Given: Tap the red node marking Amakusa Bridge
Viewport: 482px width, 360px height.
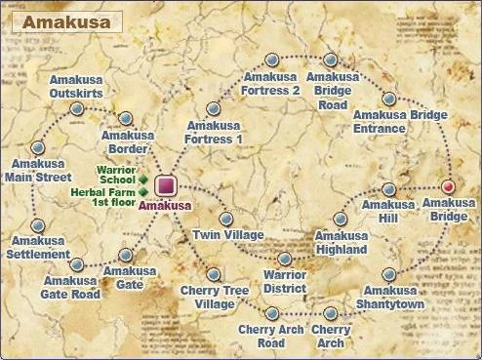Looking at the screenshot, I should [x=449, y=185].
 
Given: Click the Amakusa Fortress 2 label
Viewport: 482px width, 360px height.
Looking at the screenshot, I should [x=271, y=84].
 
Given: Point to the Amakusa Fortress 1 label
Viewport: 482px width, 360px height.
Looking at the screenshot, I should [x=214, y=133].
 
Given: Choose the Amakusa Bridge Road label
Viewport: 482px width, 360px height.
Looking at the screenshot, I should [x=333, y=91].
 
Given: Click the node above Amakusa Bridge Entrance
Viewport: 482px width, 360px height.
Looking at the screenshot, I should [x=388, y=99].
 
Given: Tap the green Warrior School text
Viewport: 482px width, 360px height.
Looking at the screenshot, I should [x=115, y=176].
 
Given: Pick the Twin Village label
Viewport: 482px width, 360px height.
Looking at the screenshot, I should [x=229, y=237].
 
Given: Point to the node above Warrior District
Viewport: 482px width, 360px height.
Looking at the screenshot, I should [x=285, y=260].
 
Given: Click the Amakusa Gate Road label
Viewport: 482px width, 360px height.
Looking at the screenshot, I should [x=71, y=287].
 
